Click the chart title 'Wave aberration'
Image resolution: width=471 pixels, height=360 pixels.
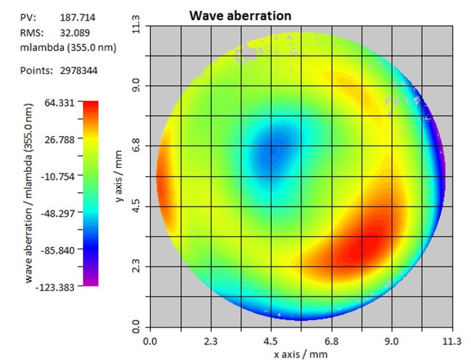click(x=240, y=16)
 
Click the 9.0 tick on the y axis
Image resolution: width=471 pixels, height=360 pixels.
click(x=136, y=85)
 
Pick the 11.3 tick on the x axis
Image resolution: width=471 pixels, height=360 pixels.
click(x=452, y=341)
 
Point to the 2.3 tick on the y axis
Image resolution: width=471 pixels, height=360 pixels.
click(x=136, y=267)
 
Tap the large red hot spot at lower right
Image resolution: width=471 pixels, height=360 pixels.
click(x=359, y=246)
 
